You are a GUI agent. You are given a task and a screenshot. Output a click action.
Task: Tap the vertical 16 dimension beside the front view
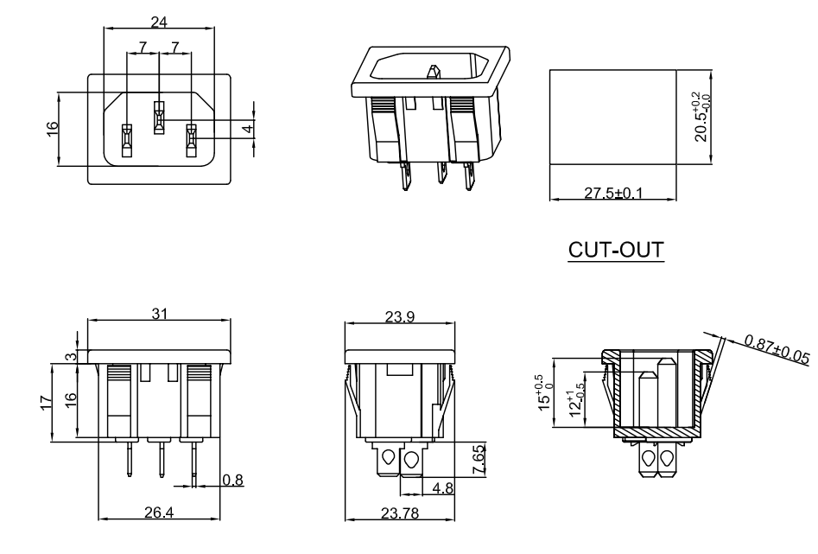51,127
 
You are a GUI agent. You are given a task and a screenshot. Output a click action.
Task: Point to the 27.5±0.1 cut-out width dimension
613,192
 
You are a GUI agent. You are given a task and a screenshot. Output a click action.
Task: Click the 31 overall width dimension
160,315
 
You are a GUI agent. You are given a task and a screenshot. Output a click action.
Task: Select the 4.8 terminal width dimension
442,488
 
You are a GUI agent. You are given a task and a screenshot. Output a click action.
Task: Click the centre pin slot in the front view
159,118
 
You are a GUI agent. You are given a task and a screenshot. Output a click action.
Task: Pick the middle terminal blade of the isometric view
440,175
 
